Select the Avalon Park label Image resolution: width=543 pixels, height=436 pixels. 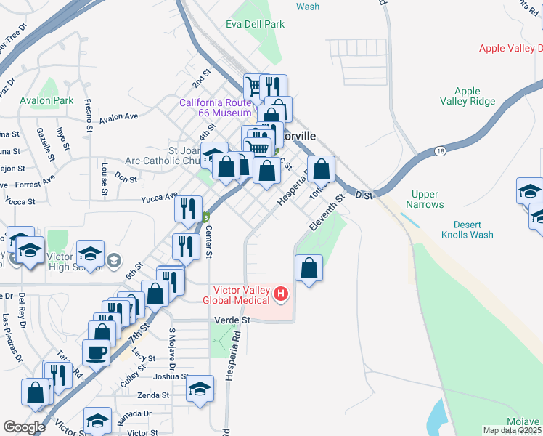[x=47, y=100]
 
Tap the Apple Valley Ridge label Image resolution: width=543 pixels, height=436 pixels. [x=467, y=97]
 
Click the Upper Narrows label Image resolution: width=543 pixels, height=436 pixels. [x=427, y=199]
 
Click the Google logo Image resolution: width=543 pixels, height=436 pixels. [x=24, y=427]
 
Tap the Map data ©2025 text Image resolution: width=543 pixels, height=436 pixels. [x=512, y=430]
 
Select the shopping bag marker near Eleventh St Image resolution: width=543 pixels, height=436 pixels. [x=309, y=267]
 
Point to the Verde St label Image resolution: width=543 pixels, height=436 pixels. [x=232, y=320]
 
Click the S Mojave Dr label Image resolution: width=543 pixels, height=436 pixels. [x=172, y=344]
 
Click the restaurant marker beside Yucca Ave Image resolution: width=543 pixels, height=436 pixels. [x=188, y=209]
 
